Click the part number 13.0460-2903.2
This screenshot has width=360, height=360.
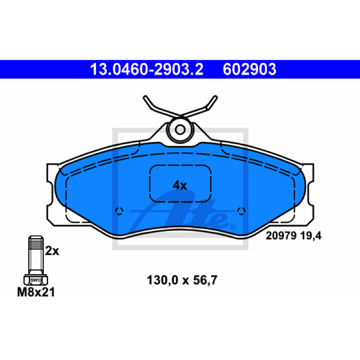[147, 69]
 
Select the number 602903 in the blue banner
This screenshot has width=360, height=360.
[249, 69]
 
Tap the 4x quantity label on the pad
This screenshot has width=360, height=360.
[180, 185]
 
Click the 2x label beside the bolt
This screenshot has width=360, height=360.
[52, 251]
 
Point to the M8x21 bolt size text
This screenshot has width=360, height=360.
[36, 292]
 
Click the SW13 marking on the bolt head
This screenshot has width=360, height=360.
[36, 280]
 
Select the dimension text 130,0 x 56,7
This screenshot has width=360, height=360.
[182, 280]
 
